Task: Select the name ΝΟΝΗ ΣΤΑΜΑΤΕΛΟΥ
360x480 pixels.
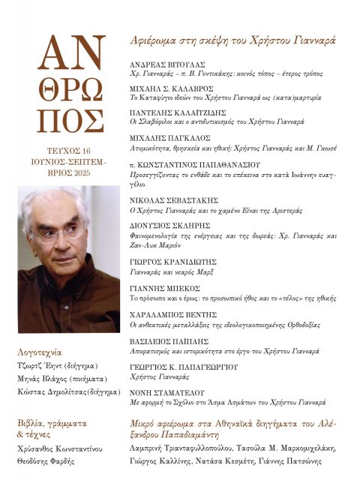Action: (164, 391)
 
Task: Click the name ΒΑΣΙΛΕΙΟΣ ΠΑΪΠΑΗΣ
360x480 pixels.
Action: (165, 341)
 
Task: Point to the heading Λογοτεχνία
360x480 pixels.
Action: (39, 352)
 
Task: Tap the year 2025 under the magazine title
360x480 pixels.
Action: (85, 172)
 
